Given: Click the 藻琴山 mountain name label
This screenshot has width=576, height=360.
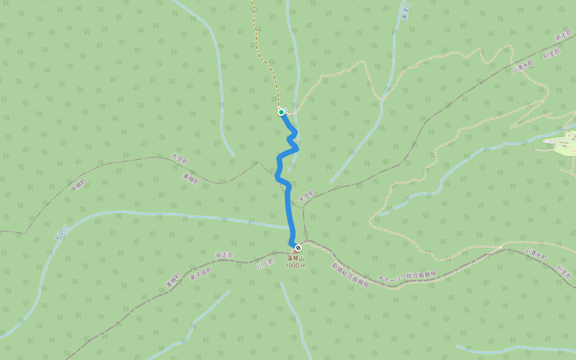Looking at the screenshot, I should [x=295, y=257].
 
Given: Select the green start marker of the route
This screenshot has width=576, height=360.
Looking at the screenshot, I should [x=281, y=112].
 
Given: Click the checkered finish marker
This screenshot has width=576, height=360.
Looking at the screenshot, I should [x=298, y=247].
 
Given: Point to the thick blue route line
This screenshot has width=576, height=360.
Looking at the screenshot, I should [x=289, y=204].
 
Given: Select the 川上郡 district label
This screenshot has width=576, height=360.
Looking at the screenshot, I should [x=265, y=262].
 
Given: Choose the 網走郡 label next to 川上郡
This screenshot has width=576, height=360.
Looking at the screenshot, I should [x=224, y=255].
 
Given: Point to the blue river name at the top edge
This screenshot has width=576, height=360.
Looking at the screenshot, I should [x=406, y=11].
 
